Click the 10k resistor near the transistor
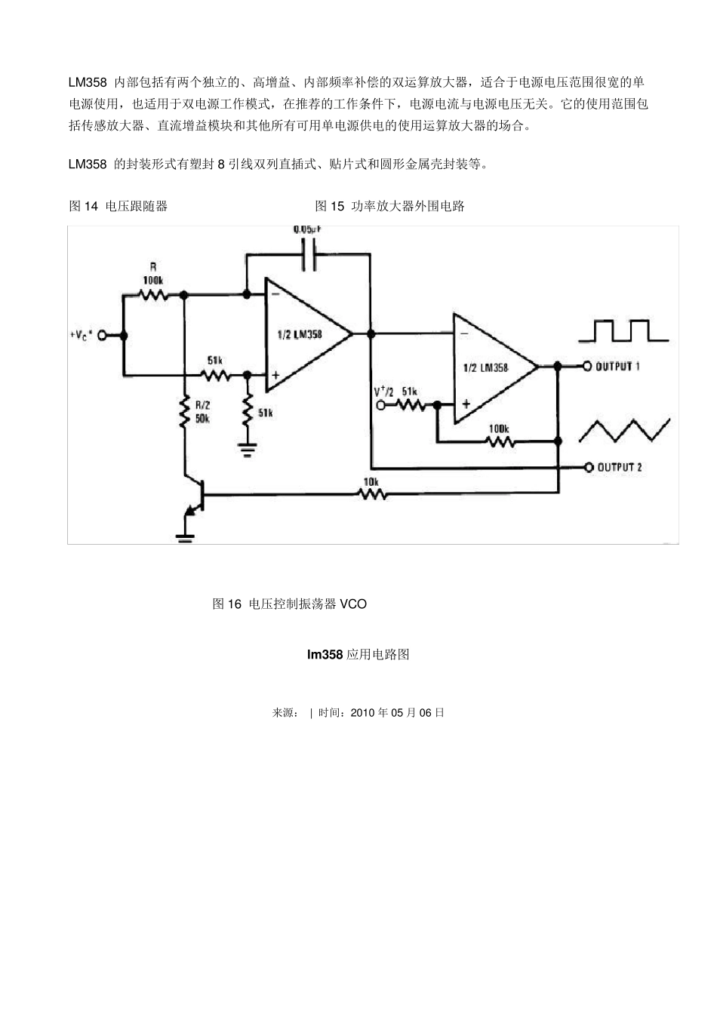pos(372,494)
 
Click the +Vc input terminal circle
pos(102,336)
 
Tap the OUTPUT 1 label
pos(617,367)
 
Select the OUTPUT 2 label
pos(619,468)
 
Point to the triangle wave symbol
pos(623,431)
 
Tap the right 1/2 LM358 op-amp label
pos(485,367)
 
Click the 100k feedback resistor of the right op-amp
pos(498,440)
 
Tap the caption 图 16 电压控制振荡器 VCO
pos(290,604)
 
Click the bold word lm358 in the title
pos(325,655)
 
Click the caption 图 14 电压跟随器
pos(118,206)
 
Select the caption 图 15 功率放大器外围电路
pos(389,206)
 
